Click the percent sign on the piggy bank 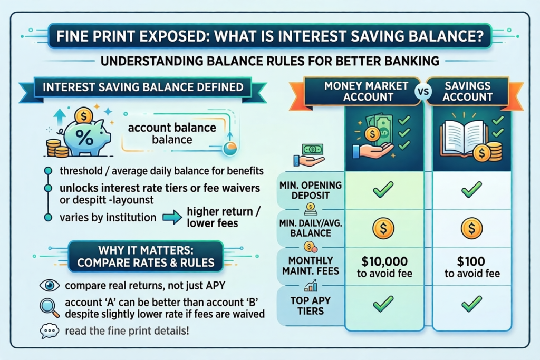(x=84, y=138)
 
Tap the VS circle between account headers (x=423, y=92)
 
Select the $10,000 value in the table (x=384, y=261)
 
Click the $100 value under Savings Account (x=471, y=261)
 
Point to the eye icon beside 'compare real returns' (x=50, y=285)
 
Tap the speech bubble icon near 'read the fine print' (x=49, y=331)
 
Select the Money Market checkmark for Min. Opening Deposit (x=383, y=190)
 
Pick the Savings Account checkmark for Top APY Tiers (x=471, y=304)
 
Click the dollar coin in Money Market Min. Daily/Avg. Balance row (x=383, y=228)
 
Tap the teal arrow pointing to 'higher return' (x=172, y=218)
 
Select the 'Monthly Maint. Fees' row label (x=311, y=266)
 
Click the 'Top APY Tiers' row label (x=311, y=306)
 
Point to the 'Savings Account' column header (x=467, y=91)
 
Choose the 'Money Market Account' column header (x=367, y=91)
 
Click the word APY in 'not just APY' (x=214, y=285)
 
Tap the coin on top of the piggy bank (x=84, y=115)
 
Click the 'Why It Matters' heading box (x=146, y=256)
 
